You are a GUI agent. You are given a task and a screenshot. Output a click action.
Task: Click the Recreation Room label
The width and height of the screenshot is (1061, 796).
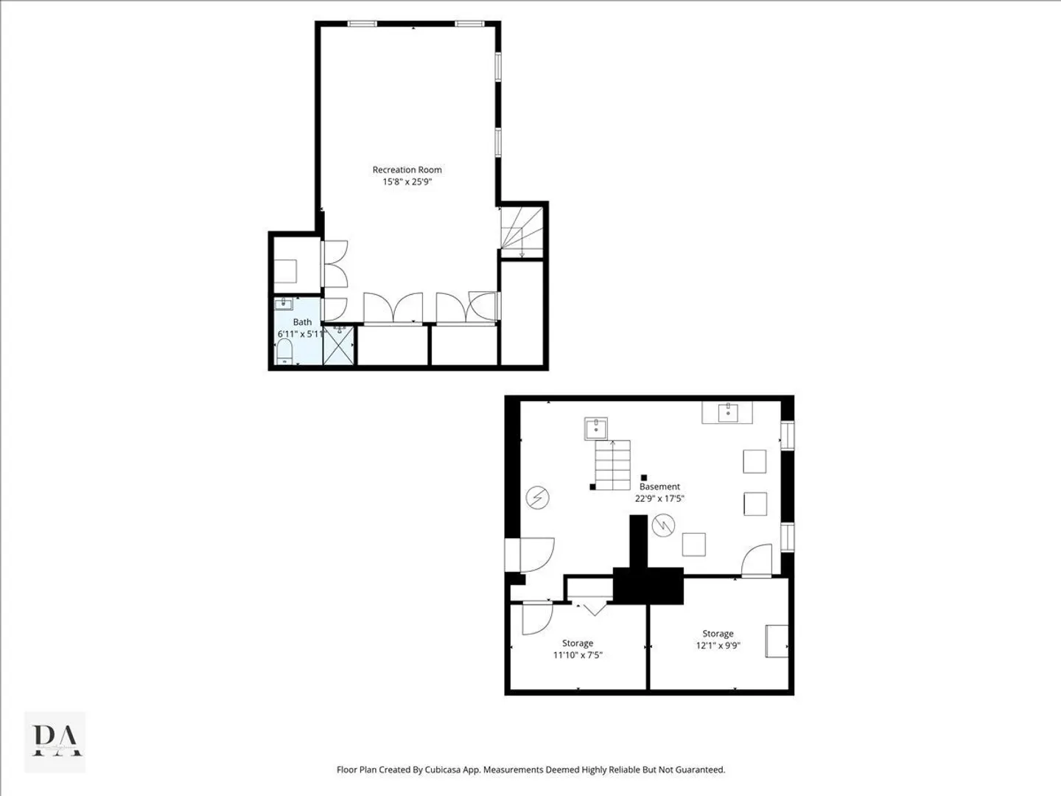[407, 170]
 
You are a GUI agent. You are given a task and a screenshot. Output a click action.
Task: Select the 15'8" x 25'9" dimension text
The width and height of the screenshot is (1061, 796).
[407, 182]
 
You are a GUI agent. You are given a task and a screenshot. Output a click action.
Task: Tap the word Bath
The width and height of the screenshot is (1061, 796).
[302, 322]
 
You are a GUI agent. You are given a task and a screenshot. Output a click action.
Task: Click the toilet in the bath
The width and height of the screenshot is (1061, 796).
[284, 351]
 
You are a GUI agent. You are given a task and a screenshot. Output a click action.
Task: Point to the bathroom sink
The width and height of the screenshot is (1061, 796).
[284, 304]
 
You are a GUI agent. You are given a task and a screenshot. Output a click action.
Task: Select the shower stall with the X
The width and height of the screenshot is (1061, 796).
[339, 345]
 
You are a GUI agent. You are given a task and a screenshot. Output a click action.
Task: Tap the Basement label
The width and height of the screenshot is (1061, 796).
[659, 486]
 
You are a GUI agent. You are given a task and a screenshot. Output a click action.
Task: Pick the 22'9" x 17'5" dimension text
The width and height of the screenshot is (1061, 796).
[659, 498]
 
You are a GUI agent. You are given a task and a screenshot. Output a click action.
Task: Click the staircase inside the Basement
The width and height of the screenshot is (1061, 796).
[613, 465]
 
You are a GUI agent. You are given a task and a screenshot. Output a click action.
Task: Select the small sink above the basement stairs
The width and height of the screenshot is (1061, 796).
[596, 429]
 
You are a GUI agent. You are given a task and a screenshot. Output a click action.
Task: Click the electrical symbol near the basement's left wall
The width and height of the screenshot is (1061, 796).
[538, 497]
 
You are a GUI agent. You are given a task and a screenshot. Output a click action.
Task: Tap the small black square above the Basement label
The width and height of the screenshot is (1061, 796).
[644, 478]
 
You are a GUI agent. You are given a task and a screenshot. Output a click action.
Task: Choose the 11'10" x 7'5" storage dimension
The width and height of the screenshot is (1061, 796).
[578, 655]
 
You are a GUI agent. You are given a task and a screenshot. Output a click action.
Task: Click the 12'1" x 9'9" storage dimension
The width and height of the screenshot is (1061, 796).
[718, 645]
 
